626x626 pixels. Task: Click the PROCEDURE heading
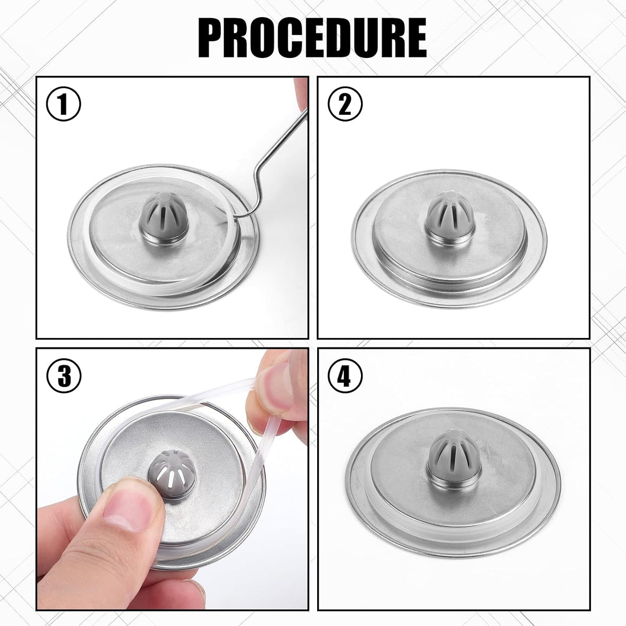(312, 38)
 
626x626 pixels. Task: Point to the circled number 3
(64, 376)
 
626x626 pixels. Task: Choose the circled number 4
(345, 376)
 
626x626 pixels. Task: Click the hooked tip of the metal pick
(235, 216)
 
